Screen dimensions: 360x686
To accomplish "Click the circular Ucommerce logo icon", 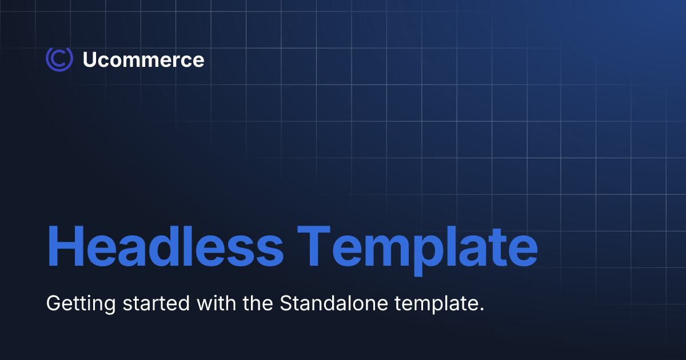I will pyautogui.click(x=59, y=59).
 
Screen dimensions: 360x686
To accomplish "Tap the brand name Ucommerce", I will pyautogui.click(x=143, y=60).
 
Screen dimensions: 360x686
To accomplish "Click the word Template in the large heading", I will pyautogui.click(x=419, y=247).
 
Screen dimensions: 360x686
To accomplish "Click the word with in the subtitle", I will pyautogui.click(x=215, y=303).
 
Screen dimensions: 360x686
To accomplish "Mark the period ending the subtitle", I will pyautogui.click(x=481, y=309).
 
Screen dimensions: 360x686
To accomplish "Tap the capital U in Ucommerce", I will pyautogui.click(x=90, y=60).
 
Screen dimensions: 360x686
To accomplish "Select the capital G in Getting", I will pyautogui.click(x=54, y=303).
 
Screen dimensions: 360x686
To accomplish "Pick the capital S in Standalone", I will pyautogui.click(x=286, y=303).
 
